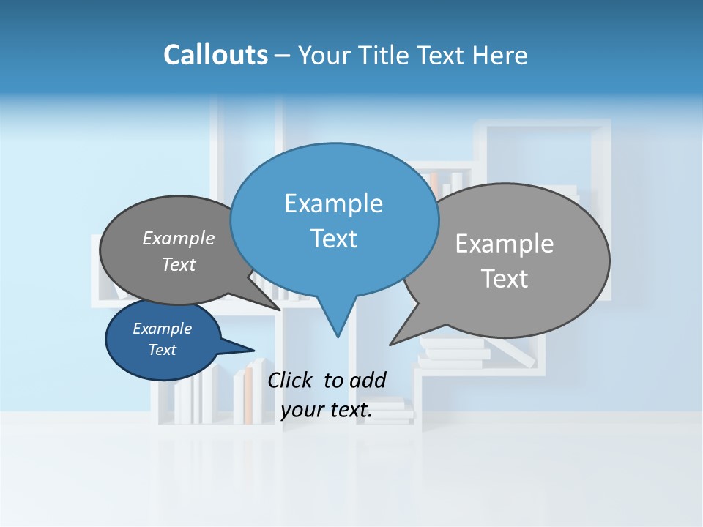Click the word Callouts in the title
click(x=215, y=55)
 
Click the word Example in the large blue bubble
click(x=333, y=203)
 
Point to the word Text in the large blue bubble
click(x=333, y=239)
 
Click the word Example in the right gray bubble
click(x=504, y=244)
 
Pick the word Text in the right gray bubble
click(x=504, y=279)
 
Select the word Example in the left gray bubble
click(x=178, y=239)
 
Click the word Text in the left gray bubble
click(x=178, y=265)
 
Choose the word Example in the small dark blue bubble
click(x=162, y=329)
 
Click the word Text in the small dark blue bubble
click(x=162, y=350)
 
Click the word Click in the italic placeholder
click(x=291, y=380)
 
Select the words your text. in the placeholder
click(x=326, y=411)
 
